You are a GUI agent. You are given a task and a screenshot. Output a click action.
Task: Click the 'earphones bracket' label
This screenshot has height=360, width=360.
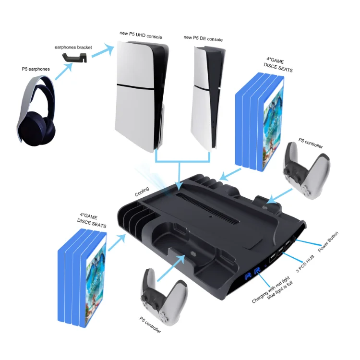pyautogui.click(x=73, y=48)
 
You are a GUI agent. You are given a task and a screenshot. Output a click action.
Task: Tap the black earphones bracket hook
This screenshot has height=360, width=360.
pyautogui.click(x=74, y=58)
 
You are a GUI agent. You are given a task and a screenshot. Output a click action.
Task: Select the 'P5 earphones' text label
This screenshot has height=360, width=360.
pyautogui.click(x=36, y=69)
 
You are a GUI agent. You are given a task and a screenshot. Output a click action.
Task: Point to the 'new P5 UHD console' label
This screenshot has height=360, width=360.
pyautogui.click(x=141, y=35)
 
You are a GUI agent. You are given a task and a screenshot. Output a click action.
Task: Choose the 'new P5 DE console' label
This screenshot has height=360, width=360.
pyautogui.click(x=203, y=38)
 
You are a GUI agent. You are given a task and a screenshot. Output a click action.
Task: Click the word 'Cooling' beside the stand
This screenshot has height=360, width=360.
pyautogui.click(x=142, y=192)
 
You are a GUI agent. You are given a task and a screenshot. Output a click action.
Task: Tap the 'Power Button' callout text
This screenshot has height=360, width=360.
pyautogui.click(x=328, y=241)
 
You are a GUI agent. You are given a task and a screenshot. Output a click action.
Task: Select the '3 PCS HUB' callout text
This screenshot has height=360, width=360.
pyautogui.click(x=305, y=264)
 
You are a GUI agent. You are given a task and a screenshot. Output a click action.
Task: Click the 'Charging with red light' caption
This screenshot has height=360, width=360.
pyautogui.click(x=271, y=289)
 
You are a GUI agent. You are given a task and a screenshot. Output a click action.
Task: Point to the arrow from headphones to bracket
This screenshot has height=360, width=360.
pyautogui.click(x=63, y=72)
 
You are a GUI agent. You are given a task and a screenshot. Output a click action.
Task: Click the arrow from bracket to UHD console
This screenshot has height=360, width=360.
pyautogui.click(x=103, y=50)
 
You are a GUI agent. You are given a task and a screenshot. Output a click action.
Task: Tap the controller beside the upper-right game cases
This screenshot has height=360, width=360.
pyautogui.click(x=307, y=171)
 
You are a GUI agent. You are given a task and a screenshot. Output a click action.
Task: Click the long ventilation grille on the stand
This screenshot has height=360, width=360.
pyautogui.click(x=208, y=209)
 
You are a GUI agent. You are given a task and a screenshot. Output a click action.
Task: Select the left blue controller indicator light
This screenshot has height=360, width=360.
pyautogui.click(x=248, y=276)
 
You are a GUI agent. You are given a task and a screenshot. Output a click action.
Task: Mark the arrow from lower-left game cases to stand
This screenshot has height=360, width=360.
pyautogui.click(x=117, y=242)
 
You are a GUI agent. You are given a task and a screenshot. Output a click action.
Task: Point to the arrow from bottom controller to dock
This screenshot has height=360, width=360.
pyautogui.click(x=171, y=268)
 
